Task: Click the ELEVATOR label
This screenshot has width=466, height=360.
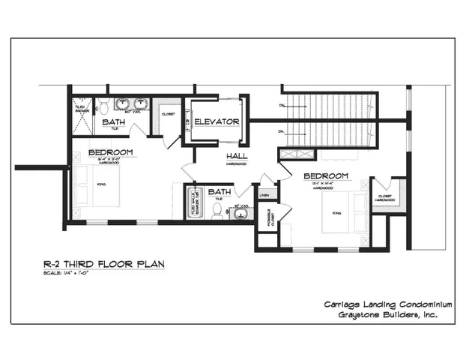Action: [217, 121]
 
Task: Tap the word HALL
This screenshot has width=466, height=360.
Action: [237, 156]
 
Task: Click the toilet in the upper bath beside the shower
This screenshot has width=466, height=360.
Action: [105, 104]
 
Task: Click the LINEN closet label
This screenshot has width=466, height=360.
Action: [264, 195]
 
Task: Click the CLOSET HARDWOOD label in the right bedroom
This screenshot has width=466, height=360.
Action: [384, 197]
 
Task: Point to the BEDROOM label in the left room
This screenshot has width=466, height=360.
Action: [110, 152]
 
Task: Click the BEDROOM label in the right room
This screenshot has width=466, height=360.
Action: [326, 177]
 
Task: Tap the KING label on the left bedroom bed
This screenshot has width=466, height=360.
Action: [101, 182]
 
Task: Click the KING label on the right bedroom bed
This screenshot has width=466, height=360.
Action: [336, 212]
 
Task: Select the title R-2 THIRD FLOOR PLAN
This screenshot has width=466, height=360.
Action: [103, 264]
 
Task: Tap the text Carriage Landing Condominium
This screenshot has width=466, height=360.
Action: [387, 304]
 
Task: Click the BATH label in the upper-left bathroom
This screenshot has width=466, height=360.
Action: [114, 121]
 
